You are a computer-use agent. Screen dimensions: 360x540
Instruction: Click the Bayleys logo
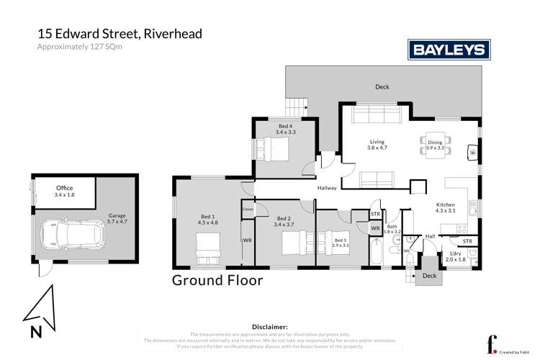tap(449, 49)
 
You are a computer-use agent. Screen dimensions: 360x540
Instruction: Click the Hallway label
tap(328, 189)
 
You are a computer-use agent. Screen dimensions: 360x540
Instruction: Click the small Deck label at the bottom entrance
tap(429, 275)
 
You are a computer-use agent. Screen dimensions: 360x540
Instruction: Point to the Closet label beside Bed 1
tap(248, 210)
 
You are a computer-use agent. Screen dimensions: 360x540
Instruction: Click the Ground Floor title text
tap(217, 280)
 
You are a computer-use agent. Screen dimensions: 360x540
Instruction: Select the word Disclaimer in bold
tap(269, 326)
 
